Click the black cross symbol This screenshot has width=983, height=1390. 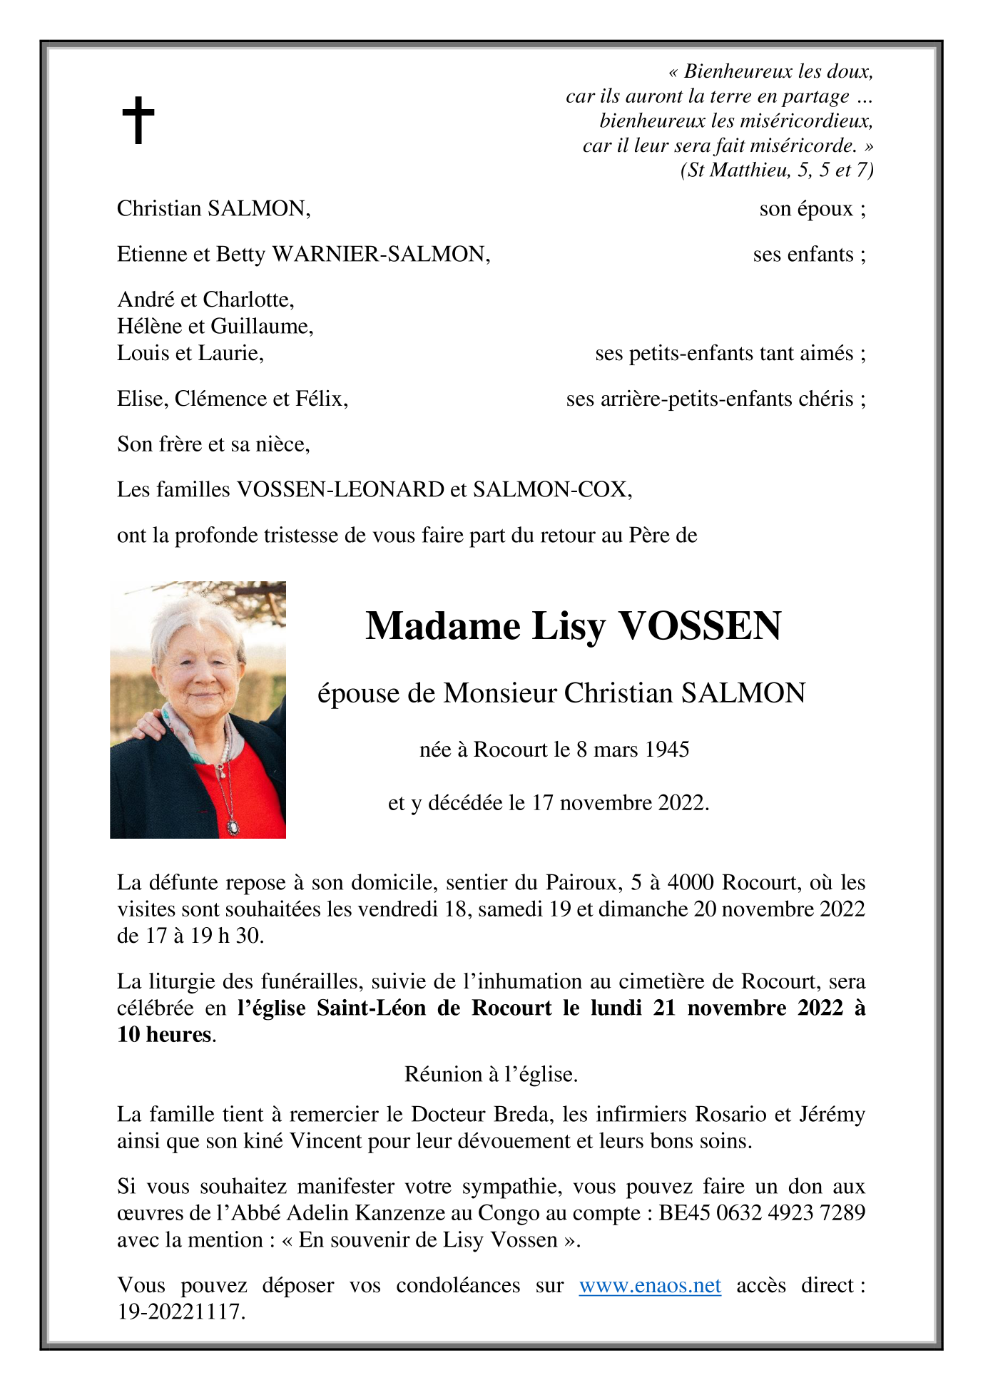[x=138, y=120]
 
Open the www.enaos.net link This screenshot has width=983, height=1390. [x=650, y=1286]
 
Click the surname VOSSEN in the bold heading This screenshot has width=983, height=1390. [x=701, y=626]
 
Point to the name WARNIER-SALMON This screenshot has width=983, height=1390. [x=380, y=255]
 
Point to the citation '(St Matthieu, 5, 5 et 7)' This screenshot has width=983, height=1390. [x=777, y=170]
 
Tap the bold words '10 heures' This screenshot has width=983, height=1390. [x=164, y=1035]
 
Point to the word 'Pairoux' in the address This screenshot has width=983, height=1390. [x=581, y=883]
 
